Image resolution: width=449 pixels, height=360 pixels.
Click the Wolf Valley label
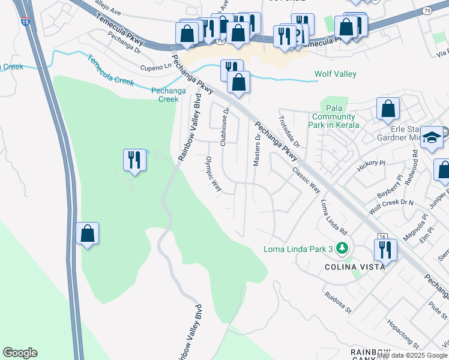pos(336,74)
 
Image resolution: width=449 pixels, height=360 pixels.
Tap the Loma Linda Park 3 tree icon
pos(342,247)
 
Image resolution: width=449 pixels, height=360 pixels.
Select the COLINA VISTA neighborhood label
pos(355,267)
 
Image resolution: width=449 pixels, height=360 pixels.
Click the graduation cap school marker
pos(431,138)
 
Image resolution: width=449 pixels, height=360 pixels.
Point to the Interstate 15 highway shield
pos(24,22)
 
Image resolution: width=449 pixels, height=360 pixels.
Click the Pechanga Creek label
pos(164,95)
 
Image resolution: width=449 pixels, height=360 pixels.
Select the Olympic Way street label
pos(214,175)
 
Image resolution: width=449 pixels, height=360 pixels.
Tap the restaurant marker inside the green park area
pos(134,160)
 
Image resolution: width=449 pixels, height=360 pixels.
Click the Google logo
pos(20,353)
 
